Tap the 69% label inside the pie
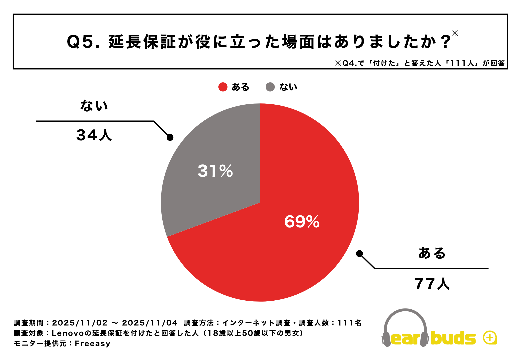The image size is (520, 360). [x=302, y=222]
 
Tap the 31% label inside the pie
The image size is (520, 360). [x=215, y=171]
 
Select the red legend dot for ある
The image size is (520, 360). [x=223, y=87]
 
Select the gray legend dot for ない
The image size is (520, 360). [x=270, y=87]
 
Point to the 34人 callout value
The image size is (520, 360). [x=94, y=135]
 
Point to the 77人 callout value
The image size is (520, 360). [x=432, y=284]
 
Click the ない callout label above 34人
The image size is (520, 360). [x=94, y=105]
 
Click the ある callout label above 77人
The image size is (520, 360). [x=432, y=253]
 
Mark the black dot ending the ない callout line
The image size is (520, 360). [x=170, y=137]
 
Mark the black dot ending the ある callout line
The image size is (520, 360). [x=359, y=254]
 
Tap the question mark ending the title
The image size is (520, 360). [x=445, y=42]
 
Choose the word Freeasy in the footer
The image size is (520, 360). [x=92, y=343]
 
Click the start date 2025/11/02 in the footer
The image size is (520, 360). [x=80, y=323]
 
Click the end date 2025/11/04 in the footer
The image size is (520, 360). [x=150, y=323]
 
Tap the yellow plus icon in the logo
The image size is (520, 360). [x=490, y=338]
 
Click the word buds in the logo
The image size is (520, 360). [x=453, y=338]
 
